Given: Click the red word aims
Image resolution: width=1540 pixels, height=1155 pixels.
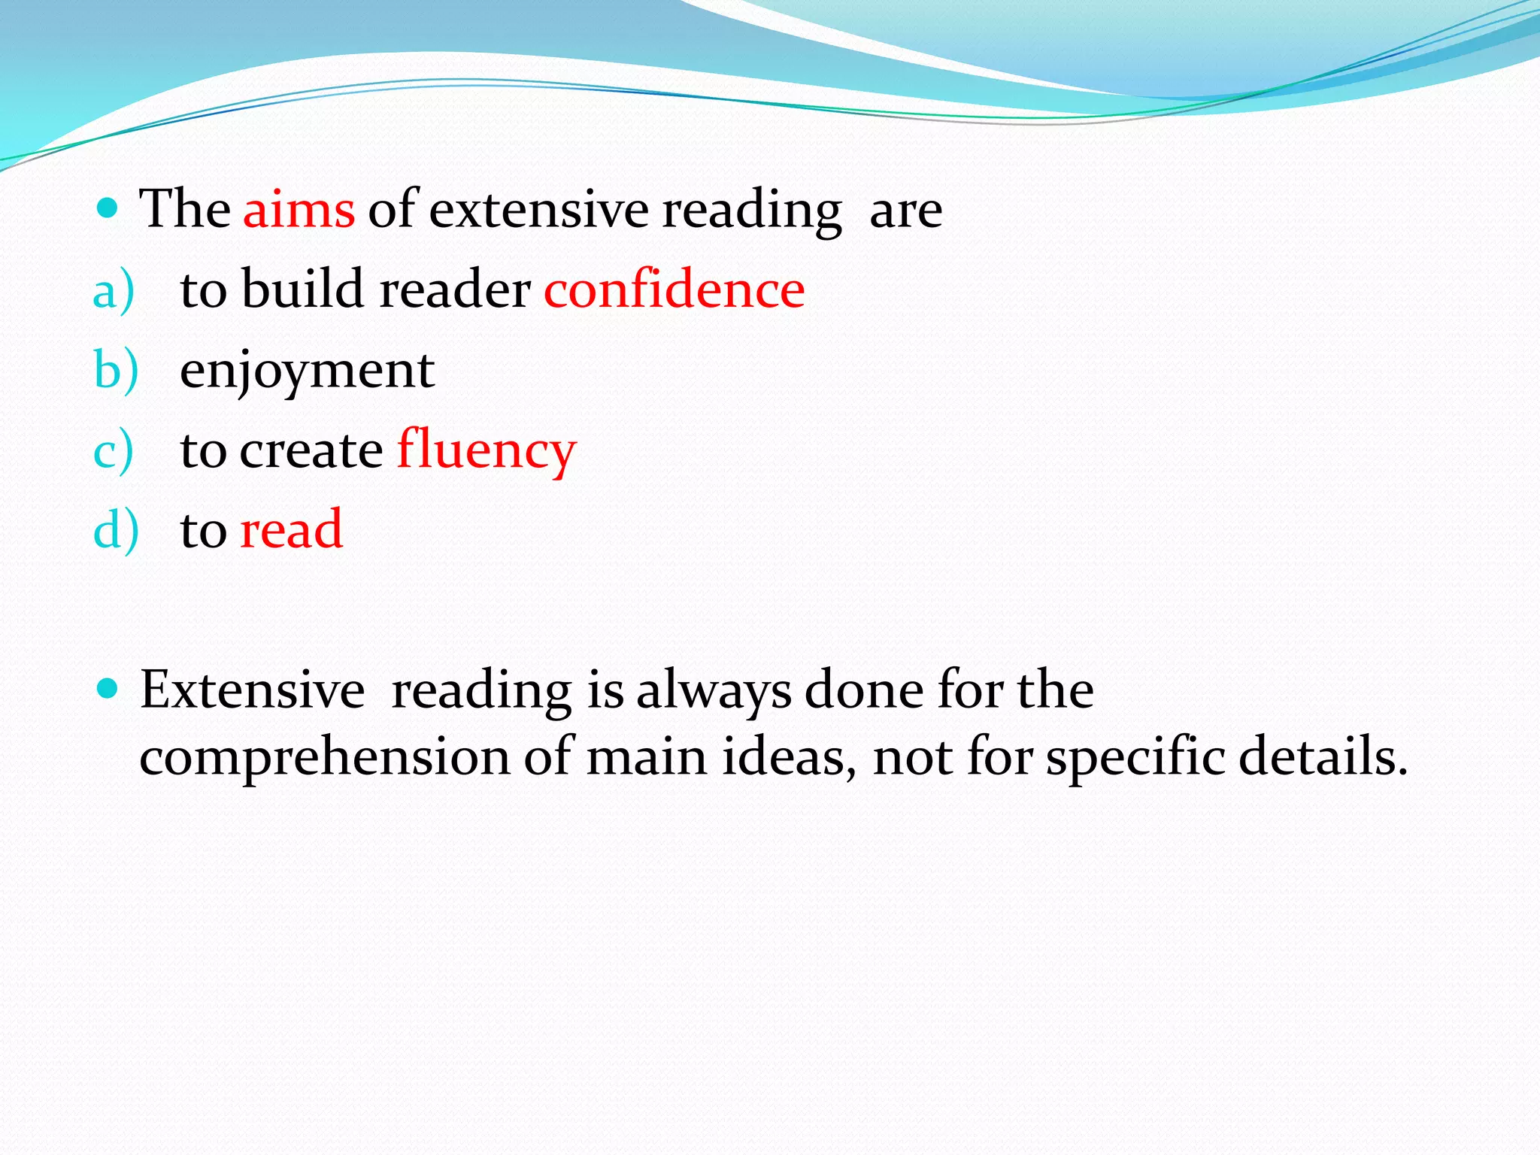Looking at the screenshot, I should point(299,210).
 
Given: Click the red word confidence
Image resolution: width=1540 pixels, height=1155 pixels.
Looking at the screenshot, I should point(674,290).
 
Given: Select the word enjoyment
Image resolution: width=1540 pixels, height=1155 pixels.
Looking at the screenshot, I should point(307,371).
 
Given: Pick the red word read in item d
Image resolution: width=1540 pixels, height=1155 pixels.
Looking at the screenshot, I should point(292,529).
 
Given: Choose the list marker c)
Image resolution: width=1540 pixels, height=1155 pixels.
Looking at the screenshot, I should point(114,452).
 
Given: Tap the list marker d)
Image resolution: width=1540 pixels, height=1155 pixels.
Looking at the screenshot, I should point(116,531).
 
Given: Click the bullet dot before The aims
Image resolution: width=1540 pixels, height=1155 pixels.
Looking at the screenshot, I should point(108,208).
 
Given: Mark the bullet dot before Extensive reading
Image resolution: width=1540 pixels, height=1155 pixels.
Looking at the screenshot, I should point(108,688).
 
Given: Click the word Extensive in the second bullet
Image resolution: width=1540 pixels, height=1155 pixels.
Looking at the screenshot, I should point(253,690).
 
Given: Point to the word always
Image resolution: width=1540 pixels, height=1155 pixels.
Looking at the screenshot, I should point(714,691).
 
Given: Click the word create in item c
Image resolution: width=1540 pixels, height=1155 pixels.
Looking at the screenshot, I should point(311,451).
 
